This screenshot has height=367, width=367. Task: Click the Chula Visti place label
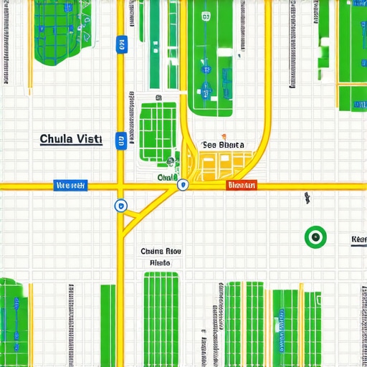click(x=71, y=139)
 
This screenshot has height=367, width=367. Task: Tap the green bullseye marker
click(x=315, y=236)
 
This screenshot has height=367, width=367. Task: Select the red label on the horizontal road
click(x=242, y=186)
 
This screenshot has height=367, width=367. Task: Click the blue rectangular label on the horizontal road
click(x=71, y=186)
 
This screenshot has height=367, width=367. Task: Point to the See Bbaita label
click(x=224, y=144)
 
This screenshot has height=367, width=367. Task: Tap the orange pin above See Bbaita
click(x=224, y=135)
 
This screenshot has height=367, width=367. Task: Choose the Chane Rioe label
click(x=161, y=251)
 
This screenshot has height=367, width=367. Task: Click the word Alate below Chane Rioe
click(x=160, y=263)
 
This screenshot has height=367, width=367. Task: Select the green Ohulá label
click(x=168, y=176)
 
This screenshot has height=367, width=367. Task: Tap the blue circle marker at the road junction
click(x=183, y=185)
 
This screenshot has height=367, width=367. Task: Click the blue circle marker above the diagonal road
click(x=120, y=206)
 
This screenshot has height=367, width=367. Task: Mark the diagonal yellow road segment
click(x=151, y=208)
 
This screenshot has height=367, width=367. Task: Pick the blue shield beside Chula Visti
click(x=121, y=140)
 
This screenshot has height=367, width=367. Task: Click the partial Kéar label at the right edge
click(x=358, y=239)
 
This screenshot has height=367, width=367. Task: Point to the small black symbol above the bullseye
click(x=307, y=196)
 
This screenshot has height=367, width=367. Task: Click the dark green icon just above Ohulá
click(x=171, y=163)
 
